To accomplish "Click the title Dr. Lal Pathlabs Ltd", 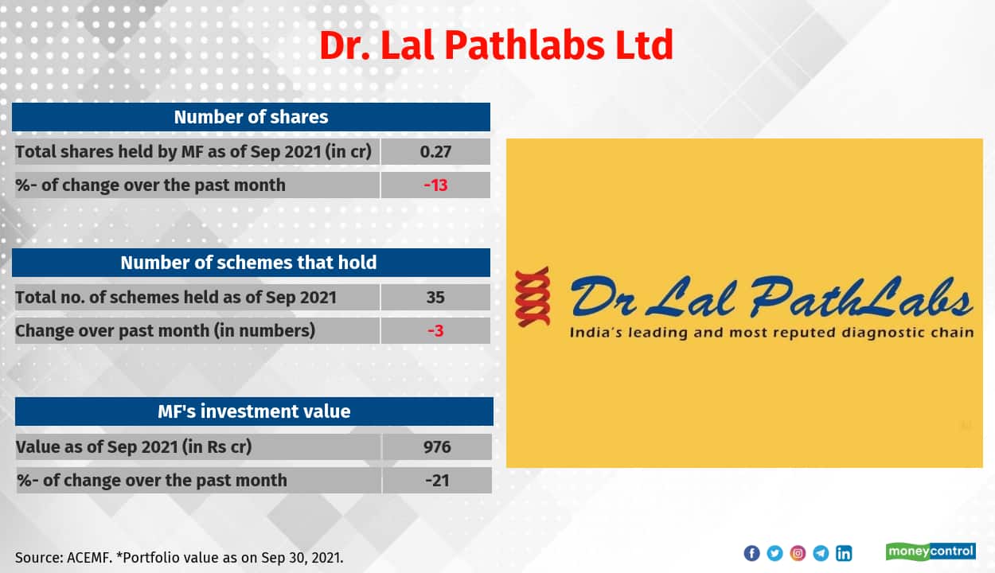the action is (496, 45).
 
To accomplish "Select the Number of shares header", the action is (251, 117).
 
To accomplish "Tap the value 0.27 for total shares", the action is (435, 151).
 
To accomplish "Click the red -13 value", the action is (435, 185).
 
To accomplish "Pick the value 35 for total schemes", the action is (435, 297).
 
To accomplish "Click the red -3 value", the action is (435, 331).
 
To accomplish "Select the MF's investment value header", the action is (254, 411).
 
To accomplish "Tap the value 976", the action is (437, 446).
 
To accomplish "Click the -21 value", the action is (437, 480).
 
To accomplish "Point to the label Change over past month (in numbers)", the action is (166, 331).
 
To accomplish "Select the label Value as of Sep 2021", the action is (134, 446).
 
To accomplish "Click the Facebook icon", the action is (751, 553).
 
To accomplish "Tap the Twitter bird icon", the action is (775, 553).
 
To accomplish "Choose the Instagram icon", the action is (798, 553).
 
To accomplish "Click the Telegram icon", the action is (821, 553).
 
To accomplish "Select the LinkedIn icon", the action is (844, 553).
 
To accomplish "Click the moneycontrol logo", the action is (931, 552).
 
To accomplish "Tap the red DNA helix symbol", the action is (533, 297).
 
